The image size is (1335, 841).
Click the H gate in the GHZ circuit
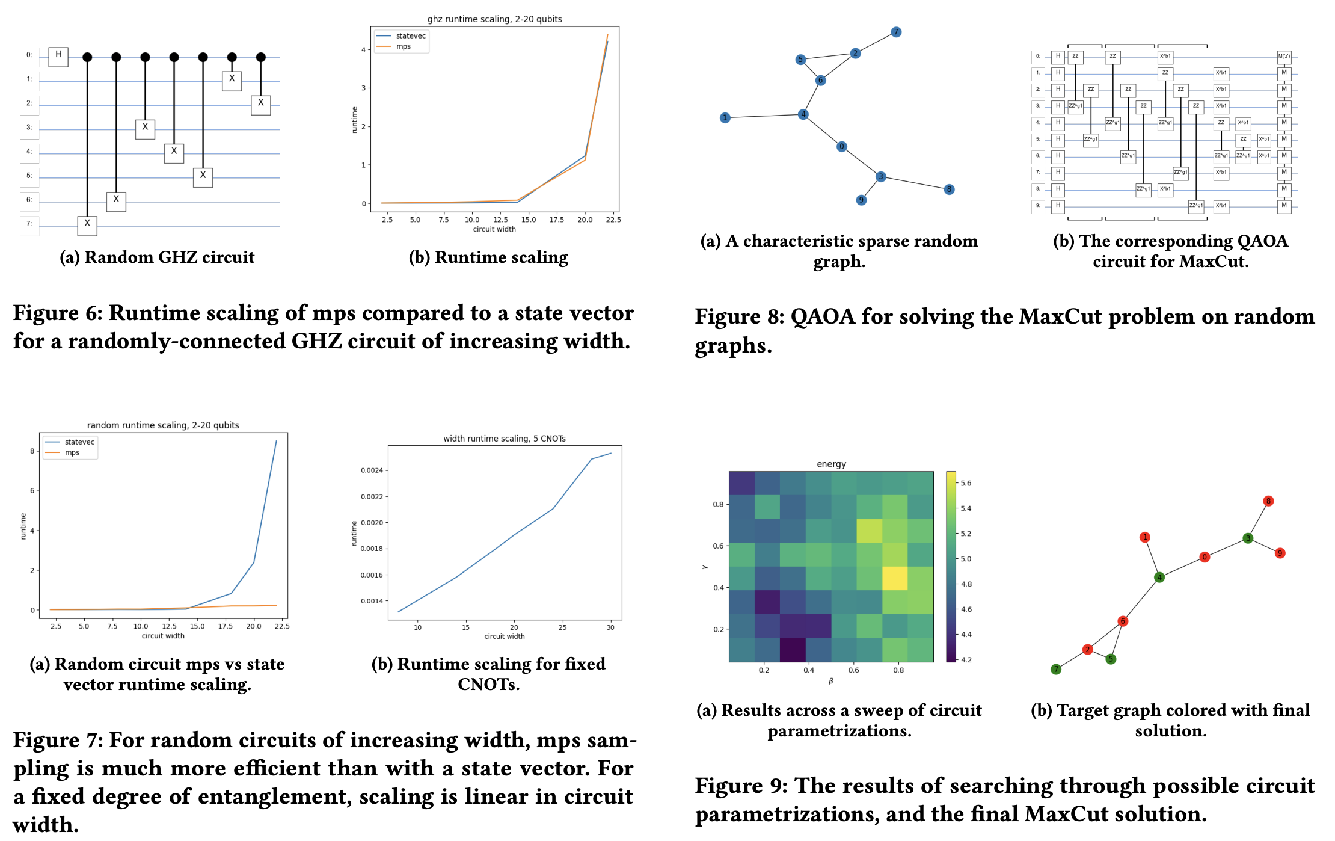tap(58, 56)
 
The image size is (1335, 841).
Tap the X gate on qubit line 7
tap(87, 225)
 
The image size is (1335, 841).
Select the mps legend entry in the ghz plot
tap(403, 46)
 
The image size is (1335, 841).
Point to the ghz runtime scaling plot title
tap(494, 19)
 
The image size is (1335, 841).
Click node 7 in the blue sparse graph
tap(896, 32)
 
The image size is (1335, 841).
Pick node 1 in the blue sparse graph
tap(725, 117)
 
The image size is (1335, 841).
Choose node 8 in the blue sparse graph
tap(949, 189)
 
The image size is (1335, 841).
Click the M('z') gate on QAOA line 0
tap(1284, 57)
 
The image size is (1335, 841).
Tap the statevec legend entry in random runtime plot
tap(79, 442)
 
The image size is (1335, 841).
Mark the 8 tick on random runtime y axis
tap(32, 451)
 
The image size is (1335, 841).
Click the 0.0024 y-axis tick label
tap(372, 470)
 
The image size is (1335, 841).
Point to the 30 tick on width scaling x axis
tap(610, 627)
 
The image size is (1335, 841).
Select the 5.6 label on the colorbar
tap(966, 483)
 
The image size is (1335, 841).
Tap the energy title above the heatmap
tap(831, 464)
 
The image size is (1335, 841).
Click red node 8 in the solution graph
tap(1268, 501)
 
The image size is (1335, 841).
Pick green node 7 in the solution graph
tap(1056, 669)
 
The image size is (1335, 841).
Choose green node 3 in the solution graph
tap(1248, 538)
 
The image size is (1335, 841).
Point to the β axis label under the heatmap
tap(830, 681)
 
